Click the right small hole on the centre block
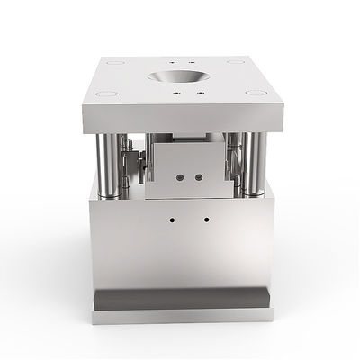tap(191, 177)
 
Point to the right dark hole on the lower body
tap(207, 218)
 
